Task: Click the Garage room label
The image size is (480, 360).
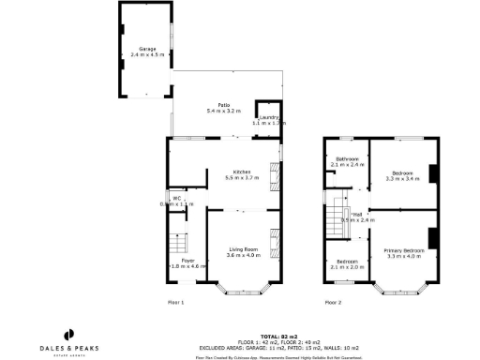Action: (x=147, y=48)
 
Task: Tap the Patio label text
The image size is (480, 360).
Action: (x=225, y=105)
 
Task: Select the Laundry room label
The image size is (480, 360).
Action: (x=270, y=117)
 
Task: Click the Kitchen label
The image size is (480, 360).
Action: (x=242, y=172)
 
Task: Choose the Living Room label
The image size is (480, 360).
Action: (x=243, y=248)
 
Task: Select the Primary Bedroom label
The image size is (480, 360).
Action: (x=404, y=250)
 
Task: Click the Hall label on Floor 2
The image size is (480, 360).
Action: (x=357, y=214)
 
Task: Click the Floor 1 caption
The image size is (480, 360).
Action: (x=175, y=303)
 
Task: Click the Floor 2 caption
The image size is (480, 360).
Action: (x=334, y=303)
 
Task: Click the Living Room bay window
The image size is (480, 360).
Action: (x=242, y=289)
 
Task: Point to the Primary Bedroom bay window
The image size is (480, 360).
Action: (x=404, y=289)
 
